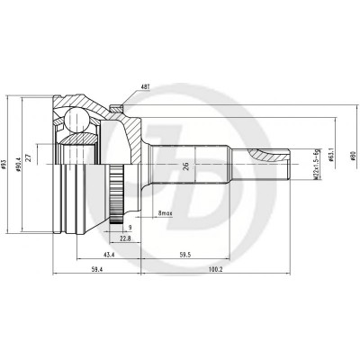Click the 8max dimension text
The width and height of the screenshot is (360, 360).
coord(165,214)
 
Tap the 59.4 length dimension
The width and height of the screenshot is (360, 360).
coord(97,270)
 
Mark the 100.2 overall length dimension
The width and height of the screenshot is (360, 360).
coord(213,270)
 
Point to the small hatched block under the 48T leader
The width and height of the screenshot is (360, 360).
coord(118,109)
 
